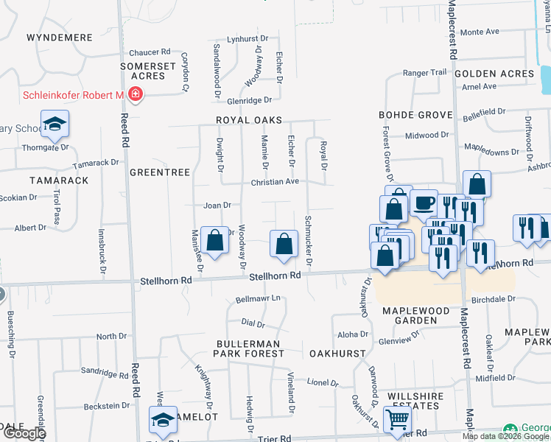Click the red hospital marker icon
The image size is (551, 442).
coord(135,95)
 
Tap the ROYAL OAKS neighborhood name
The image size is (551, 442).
coord(249,119)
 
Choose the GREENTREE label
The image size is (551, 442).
coord(160,172)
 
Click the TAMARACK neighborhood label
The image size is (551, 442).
coord(59,180)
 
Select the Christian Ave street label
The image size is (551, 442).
coord(275,181)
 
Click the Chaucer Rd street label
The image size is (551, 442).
coord(150,53)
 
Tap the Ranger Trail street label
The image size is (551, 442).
coord(425,72)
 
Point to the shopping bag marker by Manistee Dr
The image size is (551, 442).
coord(214,240)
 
